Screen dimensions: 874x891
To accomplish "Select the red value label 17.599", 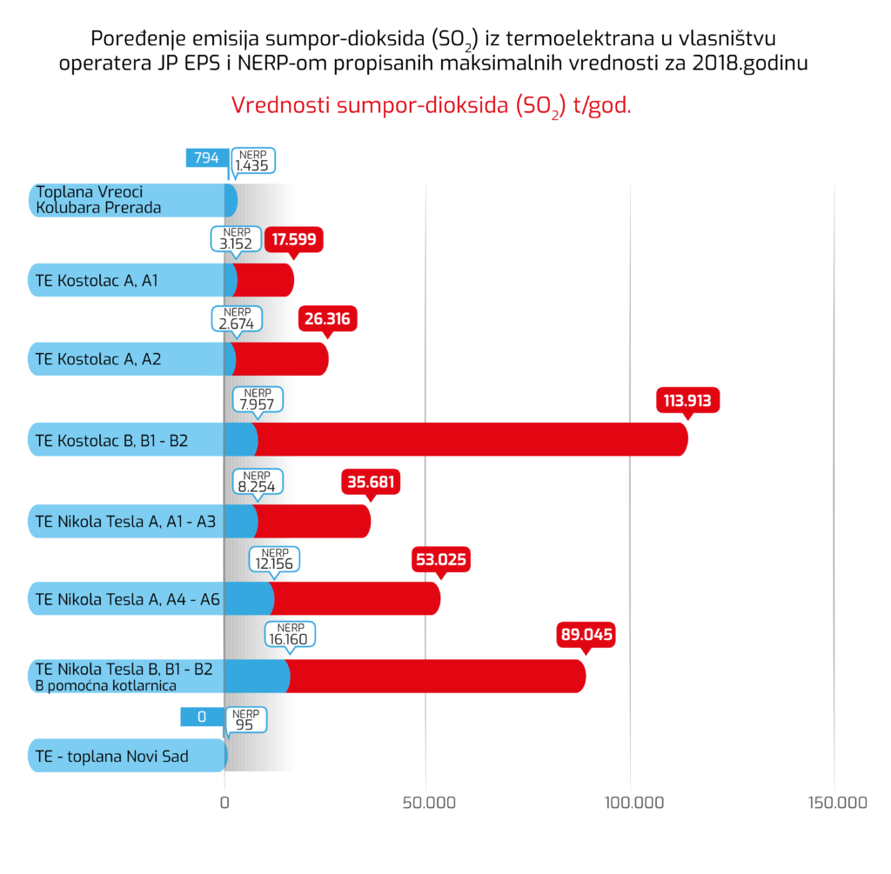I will click(294, 239).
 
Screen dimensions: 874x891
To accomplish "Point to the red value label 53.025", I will click(440, 559).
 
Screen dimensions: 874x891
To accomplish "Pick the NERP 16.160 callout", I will click(290, 634).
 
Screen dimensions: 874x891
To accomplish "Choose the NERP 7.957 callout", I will click(259, 401).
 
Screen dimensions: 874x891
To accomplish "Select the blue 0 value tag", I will click(202, 717).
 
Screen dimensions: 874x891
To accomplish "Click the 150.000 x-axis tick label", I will click(834, 803).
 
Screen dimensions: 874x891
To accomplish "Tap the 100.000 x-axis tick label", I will click(630, 803).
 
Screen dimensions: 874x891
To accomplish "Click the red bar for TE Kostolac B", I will click(470, 439).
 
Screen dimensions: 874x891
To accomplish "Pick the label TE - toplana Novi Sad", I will click(112, 757).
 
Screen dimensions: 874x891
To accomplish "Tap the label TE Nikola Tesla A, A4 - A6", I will click(127, 598).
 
